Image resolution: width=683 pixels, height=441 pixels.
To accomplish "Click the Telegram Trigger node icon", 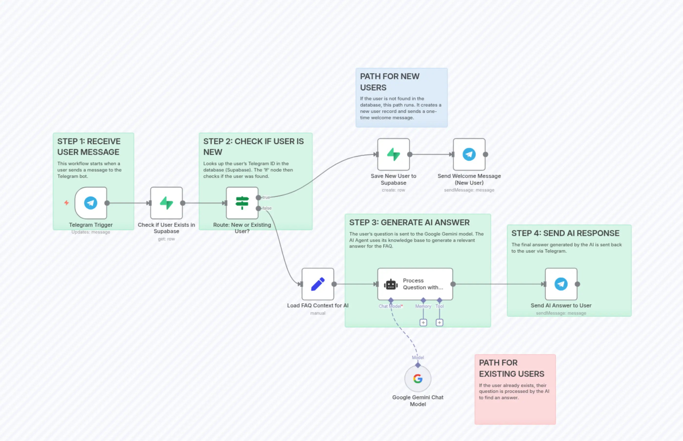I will point(90,203).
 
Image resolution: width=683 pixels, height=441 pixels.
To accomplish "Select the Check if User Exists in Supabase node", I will point(166,203).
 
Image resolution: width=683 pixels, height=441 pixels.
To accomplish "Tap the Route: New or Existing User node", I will point(242,203).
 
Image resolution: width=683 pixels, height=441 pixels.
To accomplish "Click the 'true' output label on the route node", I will point(266,197).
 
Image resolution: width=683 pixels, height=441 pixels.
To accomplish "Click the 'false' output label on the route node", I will point(267,208).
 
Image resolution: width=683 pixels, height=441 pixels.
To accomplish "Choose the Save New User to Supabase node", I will point(393,154).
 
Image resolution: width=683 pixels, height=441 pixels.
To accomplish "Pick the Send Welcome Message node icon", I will point(469,154).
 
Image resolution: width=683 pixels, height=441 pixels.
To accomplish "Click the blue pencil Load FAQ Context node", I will point(318,284).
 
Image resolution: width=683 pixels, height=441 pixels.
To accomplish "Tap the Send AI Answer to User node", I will point(561,284).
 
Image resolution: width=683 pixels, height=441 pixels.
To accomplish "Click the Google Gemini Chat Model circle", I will point(418,378).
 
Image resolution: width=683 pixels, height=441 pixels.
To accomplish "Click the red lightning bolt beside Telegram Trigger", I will point(66,203).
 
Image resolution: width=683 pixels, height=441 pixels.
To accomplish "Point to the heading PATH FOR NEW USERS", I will point(390,82).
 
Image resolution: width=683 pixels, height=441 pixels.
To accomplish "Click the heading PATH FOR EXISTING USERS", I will point(511,368).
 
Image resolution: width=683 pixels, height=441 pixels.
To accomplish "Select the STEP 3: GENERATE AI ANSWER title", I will point(409,223).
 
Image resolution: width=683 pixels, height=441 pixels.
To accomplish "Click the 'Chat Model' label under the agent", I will point(390,306).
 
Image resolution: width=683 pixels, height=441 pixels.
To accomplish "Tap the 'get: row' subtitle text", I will point(166,239).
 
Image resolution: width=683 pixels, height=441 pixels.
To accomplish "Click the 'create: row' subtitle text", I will point(393,190).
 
